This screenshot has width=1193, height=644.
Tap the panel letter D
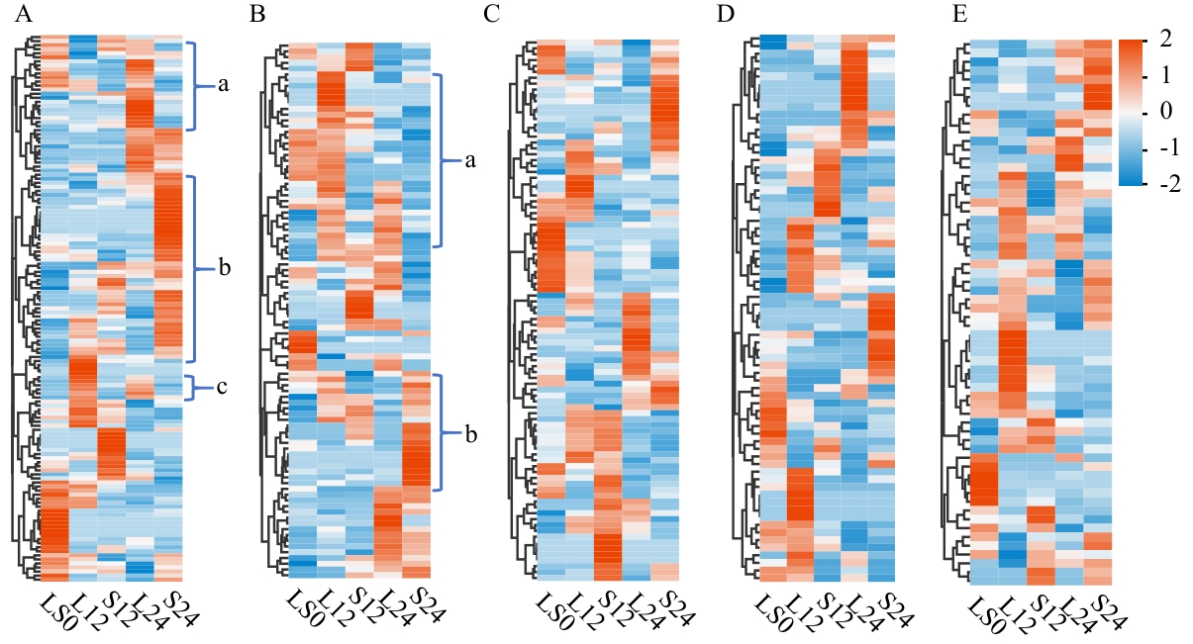725,15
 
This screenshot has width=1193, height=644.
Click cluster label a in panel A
223,86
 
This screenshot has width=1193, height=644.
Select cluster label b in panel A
224,268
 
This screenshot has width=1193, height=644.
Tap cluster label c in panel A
222,387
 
